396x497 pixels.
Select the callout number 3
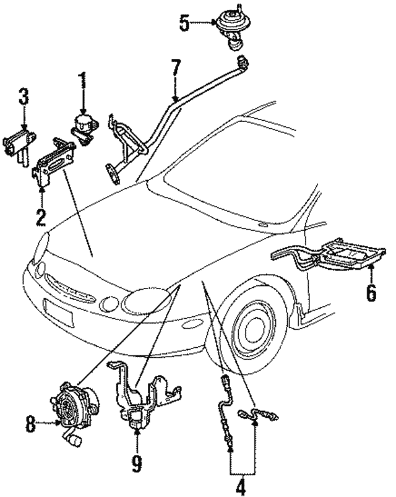point(23,97)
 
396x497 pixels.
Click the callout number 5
point(185,24)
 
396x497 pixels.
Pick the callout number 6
point(371,292)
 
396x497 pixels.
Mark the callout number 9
point(137,460)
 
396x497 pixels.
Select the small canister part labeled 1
point(82,124)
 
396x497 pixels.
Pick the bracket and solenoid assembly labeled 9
point(139,396)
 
